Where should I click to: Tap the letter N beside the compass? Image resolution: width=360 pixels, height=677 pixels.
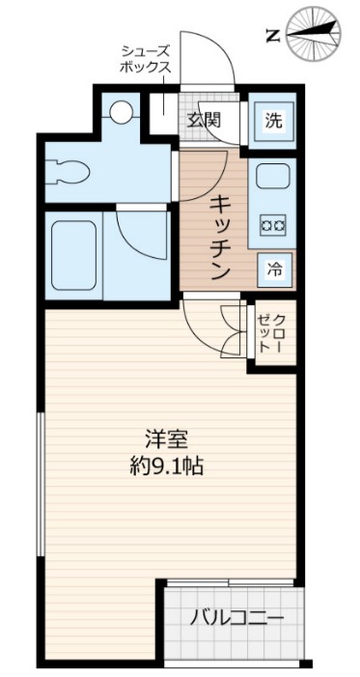click(272, 37)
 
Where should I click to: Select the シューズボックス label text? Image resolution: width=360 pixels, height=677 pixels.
click(146, 59)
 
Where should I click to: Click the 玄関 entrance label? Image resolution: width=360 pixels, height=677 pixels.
click(204, 120)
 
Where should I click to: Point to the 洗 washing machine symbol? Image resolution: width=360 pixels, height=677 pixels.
click(273, 121)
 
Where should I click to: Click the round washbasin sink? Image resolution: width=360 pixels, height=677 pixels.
click(121, 111)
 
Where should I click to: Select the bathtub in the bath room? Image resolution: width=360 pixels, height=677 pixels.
click(74, 255)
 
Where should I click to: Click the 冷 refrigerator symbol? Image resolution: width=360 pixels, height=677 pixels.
click(275, 269)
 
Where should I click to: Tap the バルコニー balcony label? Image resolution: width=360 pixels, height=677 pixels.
click(235, 618)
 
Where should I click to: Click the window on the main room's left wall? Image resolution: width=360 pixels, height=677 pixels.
click(40, 483)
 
